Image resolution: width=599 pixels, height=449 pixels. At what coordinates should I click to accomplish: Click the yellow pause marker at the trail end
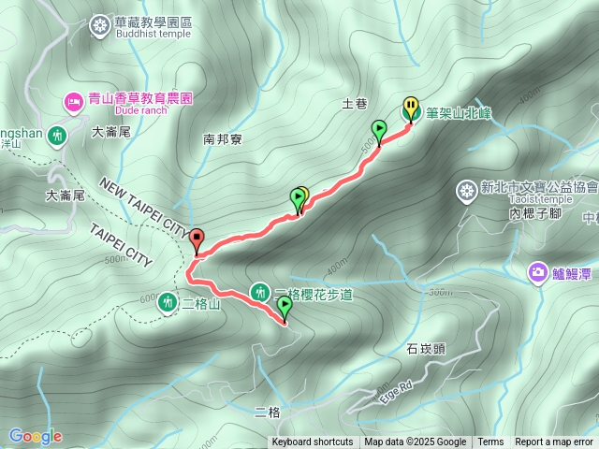(x=411, y=106)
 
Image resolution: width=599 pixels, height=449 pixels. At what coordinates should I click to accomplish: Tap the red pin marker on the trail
(x=197, y=239)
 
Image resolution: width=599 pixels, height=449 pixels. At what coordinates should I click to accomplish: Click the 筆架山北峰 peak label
(x=459, y=112)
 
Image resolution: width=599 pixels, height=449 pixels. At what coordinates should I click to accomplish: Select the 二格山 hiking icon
(x=168, y=301)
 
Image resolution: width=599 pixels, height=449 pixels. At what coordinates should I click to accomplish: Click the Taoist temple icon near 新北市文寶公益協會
(x=466, y=192)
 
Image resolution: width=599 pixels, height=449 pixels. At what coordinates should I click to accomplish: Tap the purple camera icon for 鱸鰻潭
(x=537, y=272)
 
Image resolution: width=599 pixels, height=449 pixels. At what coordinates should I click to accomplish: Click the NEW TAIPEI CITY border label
(x=141, y=204)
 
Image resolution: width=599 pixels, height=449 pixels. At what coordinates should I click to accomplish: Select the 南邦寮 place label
(x=223, y=140)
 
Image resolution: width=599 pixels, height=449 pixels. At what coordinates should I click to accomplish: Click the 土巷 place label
(x=355, y=104)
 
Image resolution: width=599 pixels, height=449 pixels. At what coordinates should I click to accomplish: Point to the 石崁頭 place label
(x=426, y=350)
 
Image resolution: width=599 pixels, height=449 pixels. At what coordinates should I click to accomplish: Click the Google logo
(x=35, y=436)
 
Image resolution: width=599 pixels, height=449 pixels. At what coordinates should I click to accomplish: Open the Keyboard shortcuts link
(x=313, y=442)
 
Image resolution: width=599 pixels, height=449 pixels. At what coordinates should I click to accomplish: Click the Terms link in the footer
(x=490, y=442)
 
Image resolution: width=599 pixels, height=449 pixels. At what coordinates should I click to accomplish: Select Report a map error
(x=554, y=442)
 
